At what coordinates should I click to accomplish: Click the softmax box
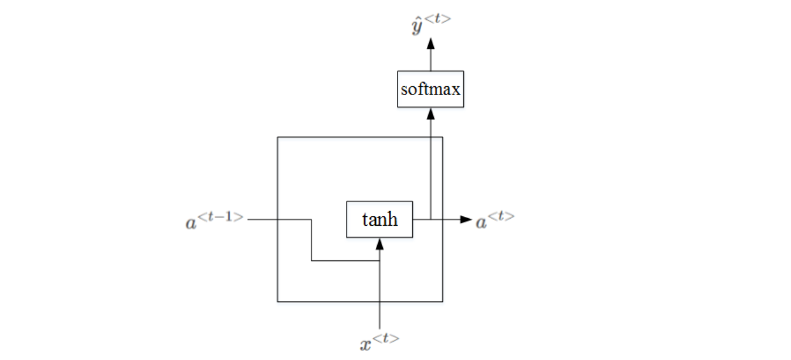click(430, 90)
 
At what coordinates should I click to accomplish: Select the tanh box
click(379, 219)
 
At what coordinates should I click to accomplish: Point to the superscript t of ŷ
click(439, 20)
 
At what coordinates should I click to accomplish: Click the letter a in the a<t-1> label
click(191, 223)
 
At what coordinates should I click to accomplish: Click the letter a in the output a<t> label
click(481, 223)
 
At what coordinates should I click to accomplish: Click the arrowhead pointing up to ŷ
click(431, 43)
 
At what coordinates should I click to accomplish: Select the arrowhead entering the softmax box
click(431, 113)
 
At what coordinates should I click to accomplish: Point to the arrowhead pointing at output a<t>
click(466, 219)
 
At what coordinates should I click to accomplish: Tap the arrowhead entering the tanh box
click(379, 243)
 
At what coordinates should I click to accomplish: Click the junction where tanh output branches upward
click(431, 219)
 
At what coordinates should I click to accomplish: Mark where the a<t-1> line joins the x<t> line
click(379, 261)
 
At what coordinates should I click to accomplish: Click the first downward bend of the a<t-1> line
click(311, 219)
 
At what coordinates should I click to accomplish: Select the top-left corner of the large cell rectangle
click(277, 137)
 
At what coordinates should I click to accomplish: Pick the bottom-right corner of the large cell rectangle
click(443, 301)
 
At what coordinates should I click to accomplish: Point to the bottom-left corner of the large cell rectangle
click(277, 301)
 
